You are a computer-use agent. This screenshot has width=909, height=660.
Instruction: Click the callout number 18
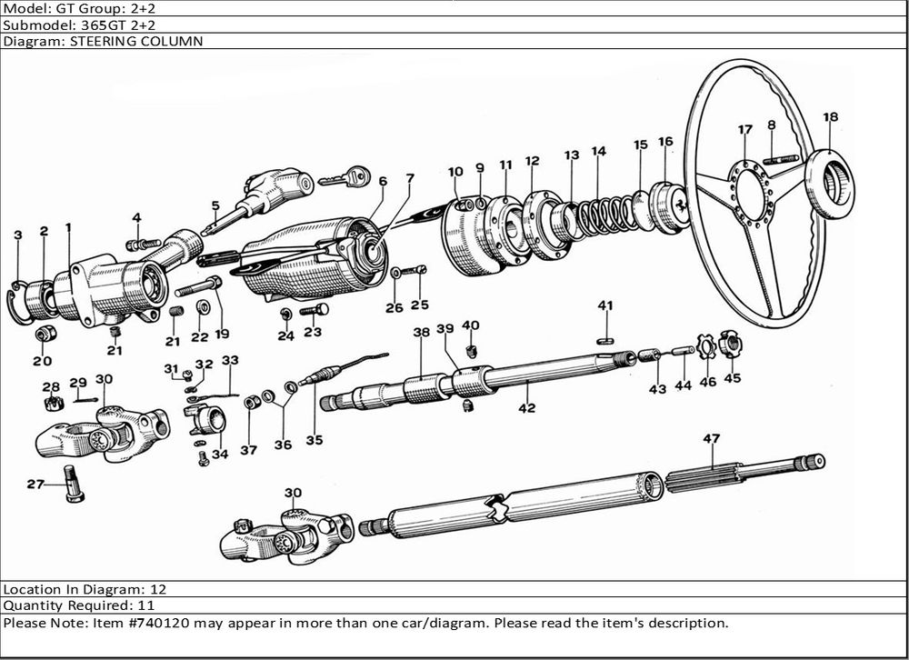coord(830,116)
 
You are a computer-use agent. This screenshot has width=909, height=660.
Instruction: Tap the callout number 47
coord(711,439)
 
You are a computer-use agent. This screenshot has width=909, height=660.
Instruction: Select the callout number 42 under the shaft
coord(526,408)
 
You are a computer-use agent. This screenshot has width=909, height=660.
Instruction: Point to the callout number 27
coord(35,485)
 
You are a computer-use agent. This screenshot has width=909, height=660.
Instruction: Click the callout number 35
coord(314,441)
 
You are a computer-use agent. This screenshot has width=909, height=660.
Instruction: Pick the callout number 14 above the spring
coord(598,151)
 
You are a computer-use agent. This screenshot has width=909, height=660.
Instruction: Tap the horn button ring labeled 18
coord(831,183)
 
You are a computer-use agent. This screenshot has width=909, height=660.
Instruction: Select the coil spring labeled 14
coord(595,215)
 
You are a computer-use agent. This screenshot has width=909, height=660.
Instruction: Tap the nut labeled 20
coord(42,334)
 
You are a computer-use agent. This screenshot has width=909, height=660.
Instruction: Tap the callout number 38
coord(421,333)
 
